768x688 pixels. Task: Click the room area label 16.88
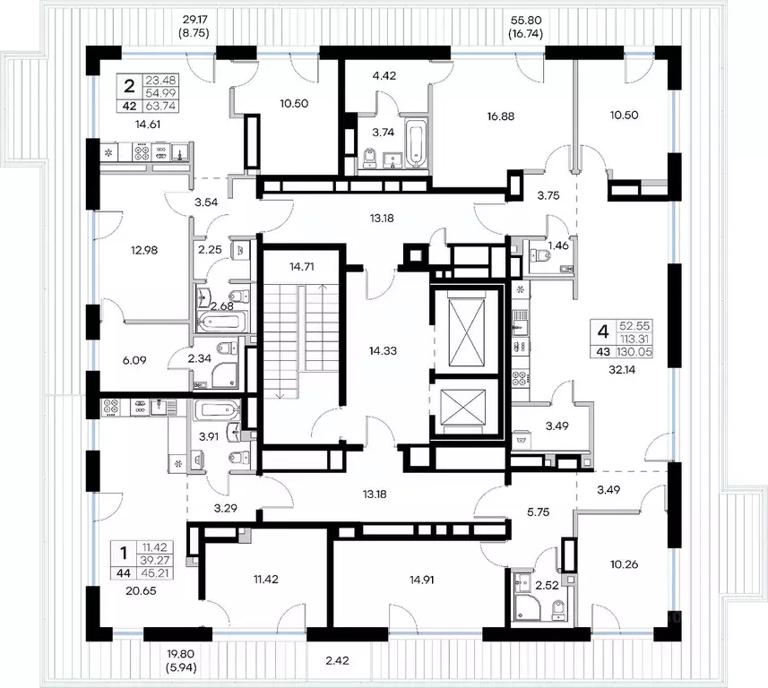point(501,116)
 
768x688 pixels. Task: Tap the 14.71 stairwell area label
point(301,267)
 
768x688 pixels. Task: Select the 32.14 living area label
point(622,370)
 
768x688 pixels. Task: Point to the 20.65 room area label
point(141,591)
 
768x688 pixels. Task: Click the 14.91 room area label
point(422,580)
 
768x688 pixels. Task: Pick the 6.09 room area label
point(134,360)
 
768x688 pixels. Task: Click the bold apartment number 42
point(129,106)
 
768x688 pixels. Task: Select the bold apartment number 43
point(602,351)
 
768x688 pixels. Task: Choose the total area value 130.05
point(634,351)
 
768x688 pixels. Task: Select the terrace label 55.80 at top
point(527,21)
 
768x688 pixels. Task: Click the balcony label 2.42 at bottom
point(338,660)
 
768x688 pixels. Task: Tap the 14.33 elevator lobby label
point(383,350)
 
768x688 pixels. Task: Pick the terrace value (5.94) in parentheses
point(181,667)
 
